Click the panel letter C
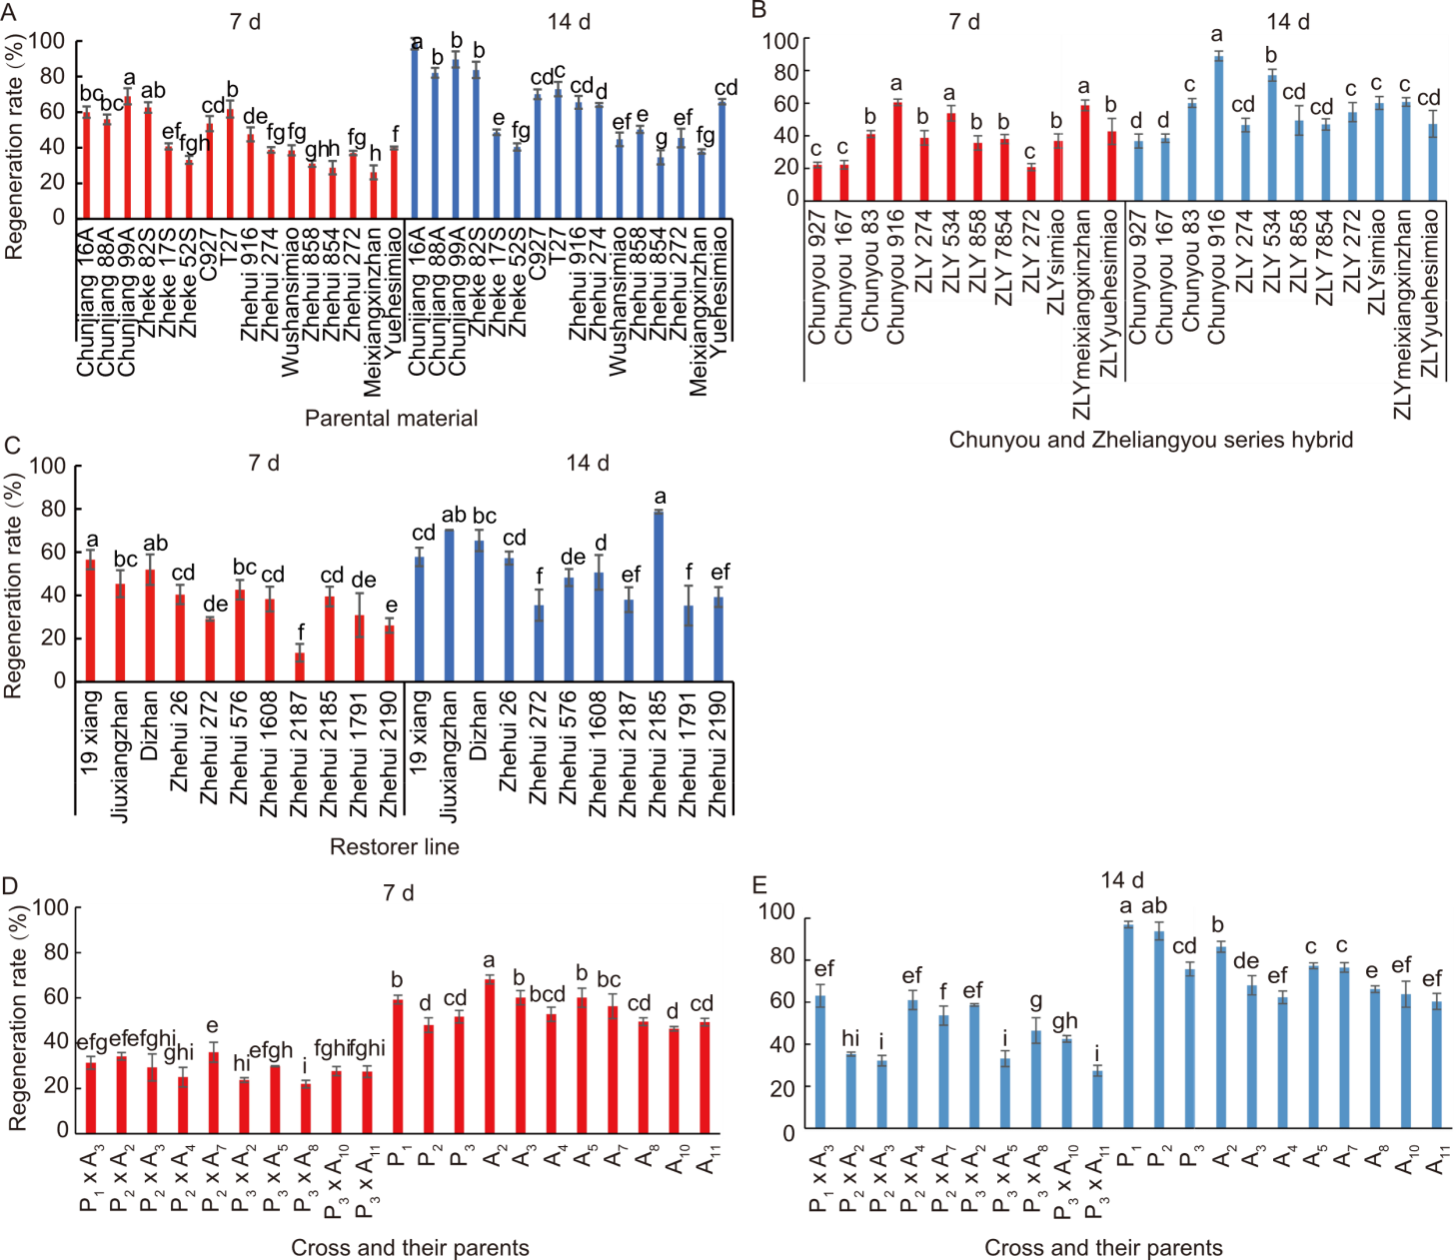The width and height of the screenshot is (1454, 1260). click(x=13, y=445)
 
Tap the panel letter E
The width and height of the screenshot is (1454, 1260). click(x=760, y=885)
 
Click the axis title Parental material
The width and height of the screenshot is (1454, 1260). click(x=391, y=419)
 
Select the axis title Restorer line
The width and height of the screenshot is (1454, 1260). click(x=394, y=847)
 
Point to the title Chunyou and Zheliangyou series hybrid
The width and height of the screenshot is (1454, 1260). click(x=1150, y=440)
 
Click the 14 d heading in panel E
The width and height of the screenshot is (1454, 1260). click(x=1122, y=880)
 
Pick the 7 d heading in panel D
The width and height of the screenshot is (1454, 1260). click(x=398, y=892)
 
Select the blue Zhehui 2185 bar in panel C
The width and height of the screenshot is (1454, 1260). click(x=659, y=596)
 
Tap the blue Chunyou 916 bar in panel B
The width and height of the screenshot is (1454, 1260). click(x=1218, y=127)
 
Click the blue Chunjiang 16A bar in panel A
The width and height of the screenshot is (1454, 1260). click(x=416, y=131)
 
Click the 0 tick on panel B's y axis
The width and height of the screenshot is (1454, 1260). click(x=791, y=198)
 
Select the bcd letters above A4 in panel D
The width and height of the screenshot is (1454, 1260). click(x=548, y=995)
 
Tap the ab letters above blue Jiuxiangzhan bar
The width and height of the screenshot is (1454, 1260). click(x=454, y=516)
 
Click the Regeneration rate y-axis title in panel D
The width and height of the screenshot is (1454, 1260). click(x=16, y=1024)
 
